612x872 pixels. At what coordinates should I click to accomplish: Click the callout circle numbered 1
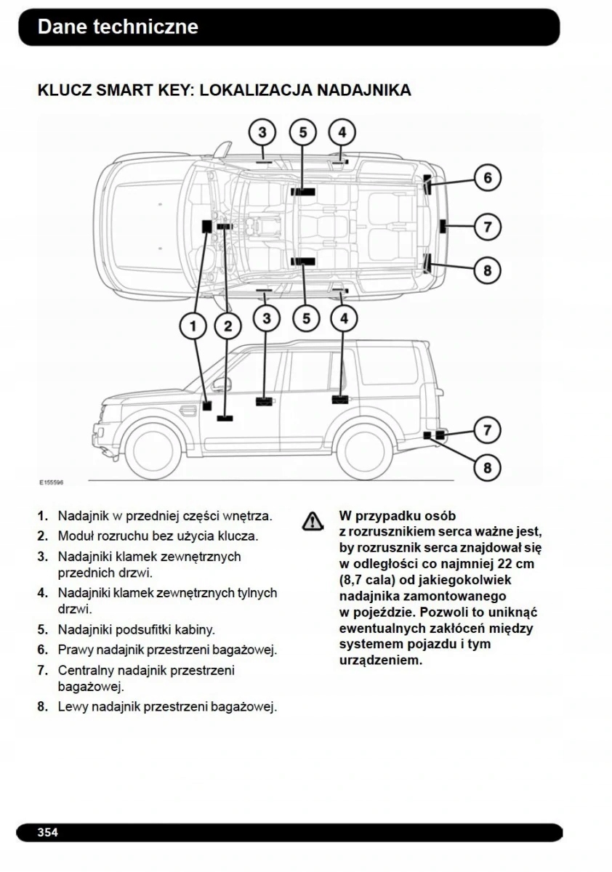tap(193, 327)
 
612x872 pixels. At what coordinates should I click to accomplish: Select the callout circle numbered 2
tap(228, 327)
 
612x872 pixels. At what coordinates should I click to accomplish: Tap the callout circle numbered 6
tap(488, 178)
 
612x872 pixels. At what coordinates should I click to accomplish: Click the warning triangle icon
tap(313, 520)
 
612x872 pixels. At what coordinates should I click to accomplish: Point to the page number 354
tap(48, 832)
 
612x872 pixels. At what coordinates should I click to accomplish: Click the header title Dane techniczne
tap(118, 27)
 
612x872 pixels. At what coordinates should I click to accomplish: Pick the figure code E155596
tap(52, 481)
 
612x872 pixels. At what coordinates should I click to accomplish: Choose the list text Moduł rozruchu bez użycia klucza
tap(158, 536)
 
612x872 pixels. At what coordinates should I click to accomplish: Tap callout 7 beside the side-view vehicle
tap(488, 430)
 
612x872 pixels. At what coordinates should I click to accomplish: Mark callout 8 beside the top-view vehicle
tap(488, 271)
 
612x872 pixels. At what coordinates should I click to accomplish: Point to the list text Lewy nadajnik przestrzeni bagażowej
tap(167, 706)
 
